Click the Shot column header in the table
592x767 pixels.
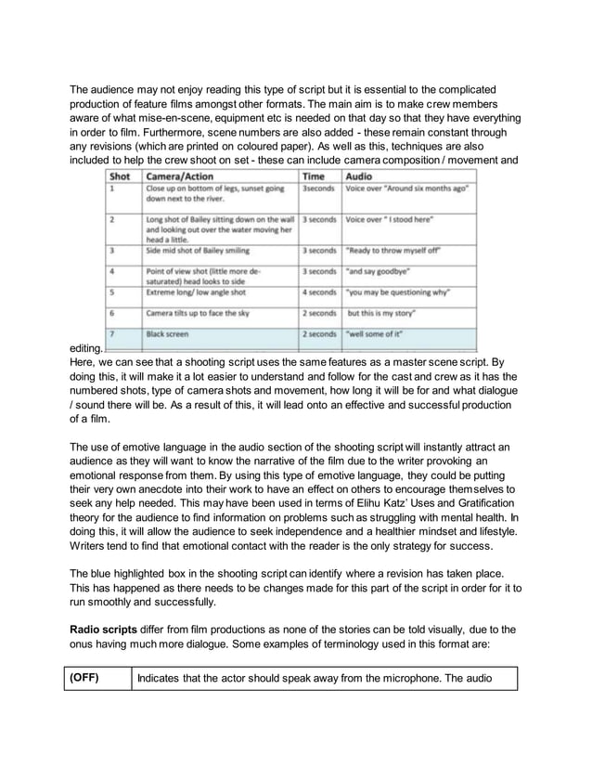(x=120, y=175)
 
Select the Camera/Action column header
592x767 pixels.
(x=179, y=175)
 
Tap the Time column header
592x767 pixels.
(x=314, y=175)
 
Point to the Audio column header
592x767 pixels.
(x=359, y=175)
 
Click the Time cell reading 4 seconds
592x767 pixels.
(x=318, y=292)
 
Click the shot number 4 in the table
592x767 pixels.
(x=111, y=271)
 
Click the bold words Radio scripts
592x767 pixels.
(x=109, y=629)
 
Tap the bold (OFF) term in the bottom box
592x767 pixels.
(x=85, y=678)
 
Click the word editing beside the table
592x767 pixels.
(x=85, y=346)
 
